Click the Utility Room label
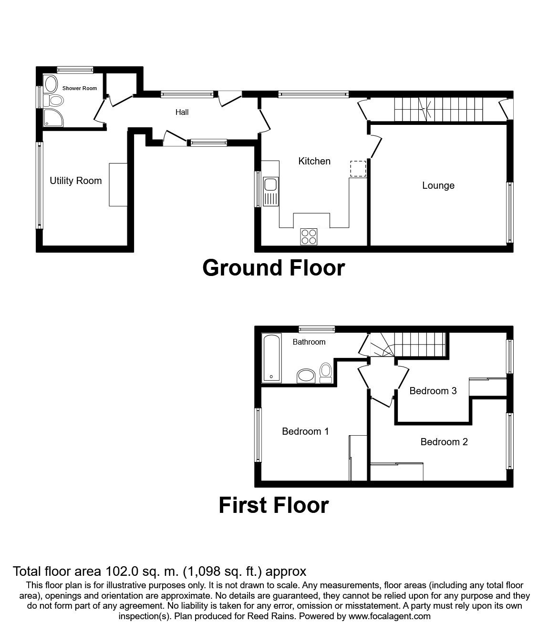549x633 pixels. [76, 181]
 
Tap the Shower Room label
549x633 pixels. [79, 88]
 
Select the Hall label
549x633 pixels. [182, 112]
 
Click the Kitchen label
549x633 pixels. [314, 161]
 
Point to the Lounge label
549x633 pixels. [438, 185]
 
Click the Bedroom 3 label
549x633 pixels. [433, 391]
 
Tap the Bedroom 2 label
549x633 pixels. [444, 442]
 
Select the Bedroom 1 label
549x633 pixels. [305, 431]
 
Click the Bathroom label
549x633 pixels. [309, 342]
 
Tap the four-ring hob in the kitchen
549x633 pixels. [309, 236]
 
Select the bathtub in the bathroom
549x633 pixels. [271, 358]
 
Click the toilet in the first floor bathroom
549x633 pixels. [326, 372]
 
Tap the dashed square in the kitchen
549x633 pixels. [358, 169]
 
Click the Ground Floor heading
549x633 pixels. [273, 268]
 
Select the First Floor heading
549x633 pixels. [273, 505]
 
